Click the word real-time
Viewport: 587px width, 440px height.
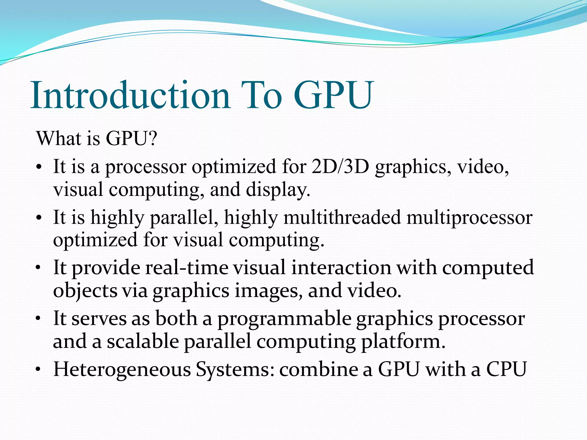187,268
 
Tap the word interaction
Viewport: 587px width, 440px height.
341,268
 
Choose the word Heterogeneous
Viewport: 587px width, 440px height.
122,369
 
